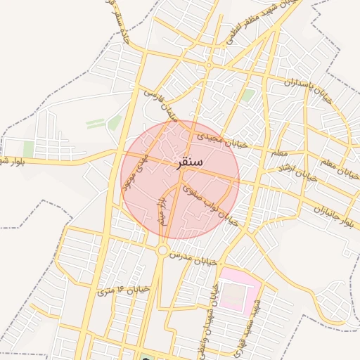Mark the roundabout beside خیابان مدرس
[x=163, y=250]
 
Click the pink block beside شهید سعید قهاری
[x=238, y=288]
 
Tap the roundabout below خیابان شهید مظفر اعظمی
[x=209, y=65]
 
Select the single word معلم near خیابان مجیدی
[x=278, y=151]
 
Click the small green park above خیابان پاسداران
[x=248, y=95]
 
